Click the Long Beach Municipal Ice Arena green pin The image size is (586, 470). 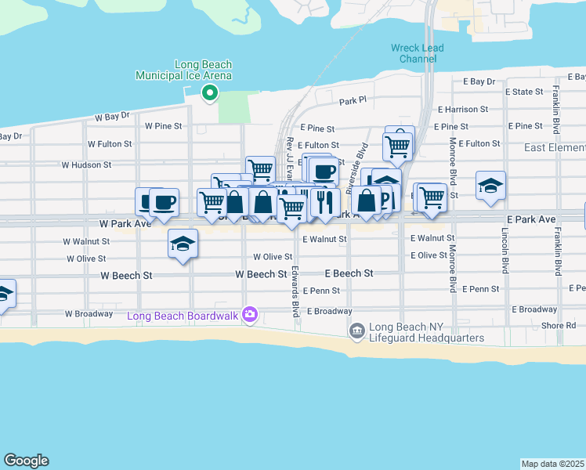pyautogui.click(x=209, y=94)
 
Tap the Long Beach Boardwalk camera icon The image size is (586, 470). pyautogui.click(x=250, y=315)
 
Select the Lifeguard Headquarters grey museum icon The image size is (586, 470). pyautogui.click(x=357, y=331)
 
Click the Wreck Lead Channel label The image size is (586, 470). pyautogui.click(x=418, y=53)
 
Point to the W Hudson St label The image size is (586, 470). pyautogui.click(x=87, y=165)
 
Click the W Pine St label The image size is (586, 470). pyautogui.click(x=163, y=125)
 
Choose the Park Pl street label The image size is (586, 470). pyautogui.click(x=353, y=102)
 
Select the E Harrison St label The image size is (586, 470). pyautogui.click(x=463, y=110)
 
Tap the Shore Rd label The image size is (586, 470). pyautogui.click(x=558, y=326)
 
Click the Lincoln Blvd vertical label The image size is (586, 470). pyautogui.click(x=505, y=251)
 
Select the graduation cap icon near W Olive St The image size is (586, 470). pyautogui.click(x=183, y=244)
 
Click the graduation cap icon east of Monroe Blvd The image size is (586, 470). pyautogui.click(x=490, y=186)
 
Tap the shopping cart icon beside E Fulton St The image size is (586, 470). pyautogui.click(x=398, y=146)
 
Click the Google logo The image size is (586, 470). pyautogui.click(x=26, y=461)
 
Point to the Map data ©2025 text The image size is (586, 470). pyautogui.click(x=553, y=464)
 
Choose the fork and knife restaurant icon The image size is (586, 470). pyautogui.click(x=324, y=203)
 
